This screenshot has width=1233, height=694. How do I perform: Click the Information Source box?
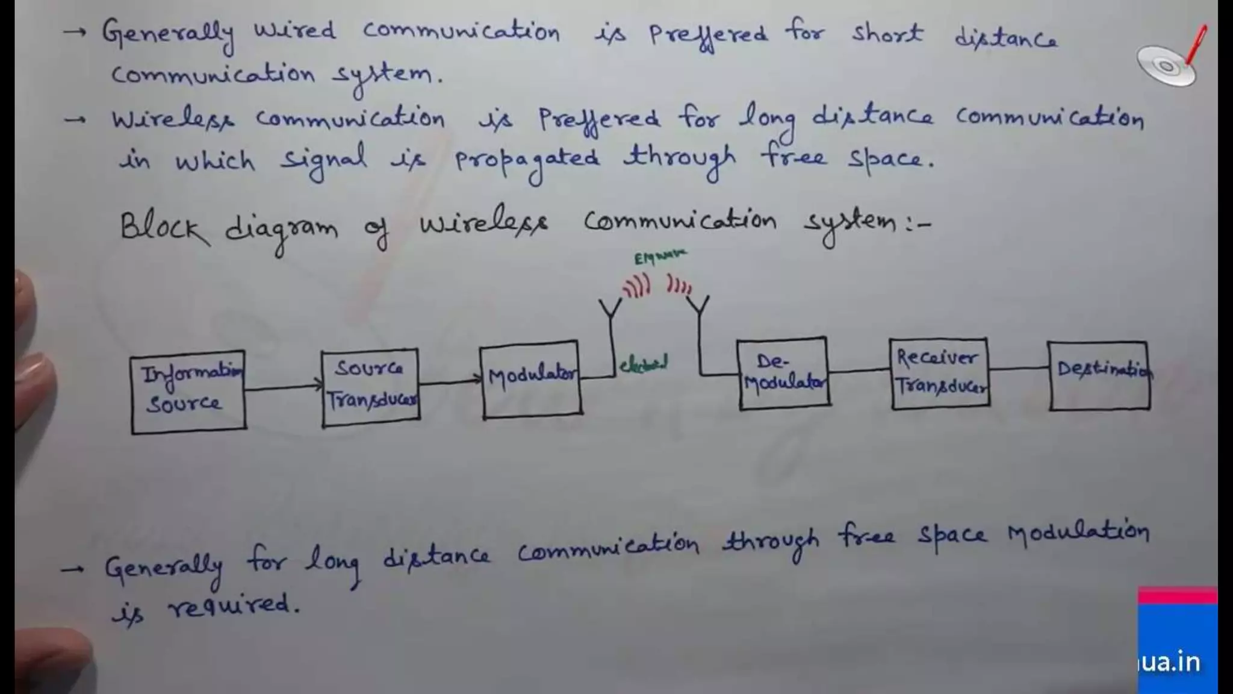[188, 392]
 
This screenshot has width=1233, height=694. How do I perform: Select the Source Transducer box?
[370, 387]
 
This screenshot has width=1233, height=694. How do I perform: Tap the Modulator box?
[531, 380]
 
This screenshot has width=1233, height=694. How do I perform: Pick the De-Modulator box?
[783, 374]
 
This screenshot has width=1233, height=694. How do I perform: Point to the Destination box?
[1099, 376]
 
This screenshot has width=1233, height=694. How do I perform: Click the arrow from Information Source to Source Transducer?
[283, 387]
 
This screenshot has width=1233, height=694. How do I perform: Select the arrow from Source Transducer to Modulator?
[450, 381]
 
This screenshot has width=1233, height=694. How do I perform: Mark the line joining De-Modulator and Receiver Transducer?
[859, 370]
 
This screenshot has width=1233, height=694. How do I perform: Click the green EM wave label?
[660, 257]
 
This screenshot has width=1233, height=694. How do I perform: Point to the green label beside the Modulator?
[644, 364]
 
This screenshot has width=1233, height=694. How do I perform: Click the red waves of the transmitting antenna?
[637, 286]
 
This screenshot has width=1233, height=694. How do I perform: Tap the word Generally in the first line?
[167, 34]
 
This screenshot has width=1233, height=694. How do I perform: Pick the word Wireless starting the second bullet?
[173, 119]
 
